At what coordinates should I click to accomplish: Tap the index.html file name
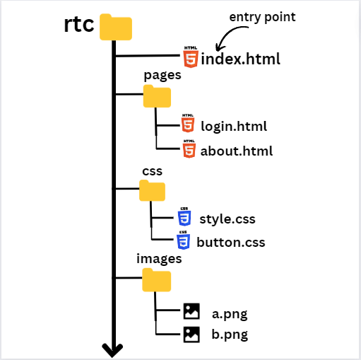pos(240,59)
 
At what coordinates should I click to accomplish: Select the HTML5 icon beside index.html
pos(190,57)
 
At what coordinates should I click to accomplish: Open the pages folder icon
pos(157,95)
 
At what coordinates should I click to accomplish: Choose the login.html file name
pos(234,127)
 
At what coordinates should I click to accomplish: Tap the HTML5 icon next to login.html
pos(188,124)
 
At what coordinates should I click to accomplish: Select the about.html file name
pos(236,151)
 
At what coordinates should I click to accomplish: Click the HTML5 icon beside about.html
pos(189,149)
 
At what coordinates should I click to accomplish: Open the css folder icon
pos(152,190)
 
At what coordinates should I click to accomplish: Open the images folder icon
pos(156,280)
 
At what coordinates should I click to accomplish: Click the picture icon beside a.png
pos(191,311)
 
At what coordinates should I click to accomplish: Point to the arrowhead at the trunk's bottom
pos(112,349)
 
